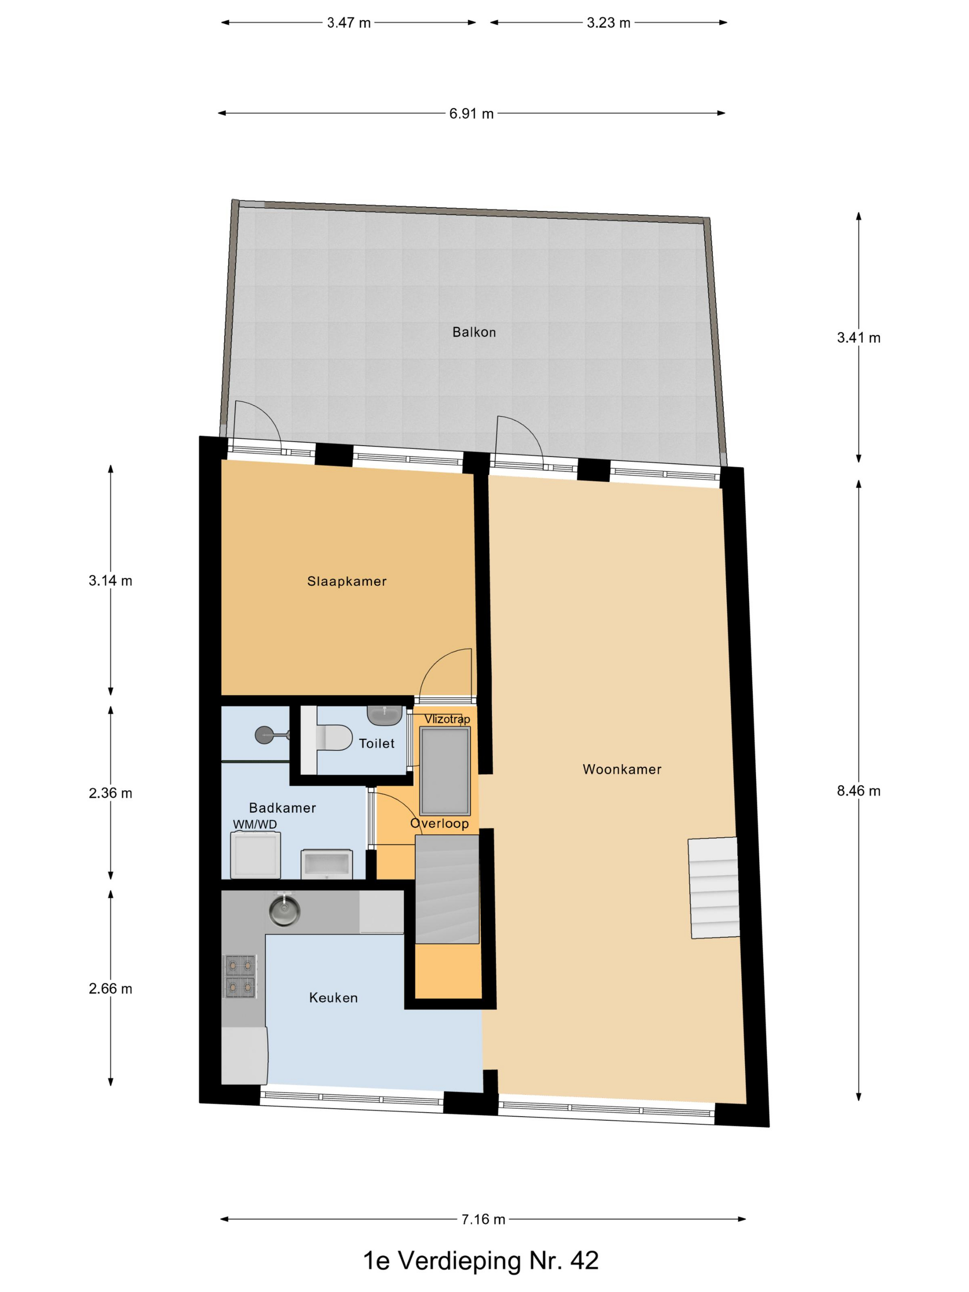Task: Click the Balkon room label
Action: [474, 332]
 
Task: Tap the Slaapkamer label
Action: [347, 581]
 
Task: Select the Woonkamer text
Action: [622, 769]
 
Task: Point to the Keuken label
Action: [333, 998]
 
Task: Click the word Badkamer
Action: [282, 808]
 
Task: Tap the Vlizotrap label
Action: [447, 719]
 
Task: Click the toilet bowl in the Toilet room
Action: [335, 738]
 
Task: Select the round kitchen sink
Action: [284, 911]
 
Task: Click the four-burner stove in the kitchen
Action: [240, 976]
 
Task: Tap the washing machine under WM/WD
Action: [255, 855]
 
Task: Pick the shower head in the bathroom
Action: [264, 735]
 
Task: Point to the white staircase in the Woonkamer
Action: [713, 888]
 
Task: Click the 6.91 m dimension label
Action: [471, 114]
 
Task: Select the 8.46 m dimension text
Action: [858, 791]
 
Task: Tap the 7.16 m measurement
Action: [483, 1219]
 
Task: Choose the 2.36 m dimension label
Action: [110, 793]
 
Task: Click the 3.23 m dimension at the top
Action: [608, 23]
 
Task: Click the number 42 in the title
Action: [584, 1262]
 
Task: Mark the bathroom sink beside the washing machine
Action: [326, 864]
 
